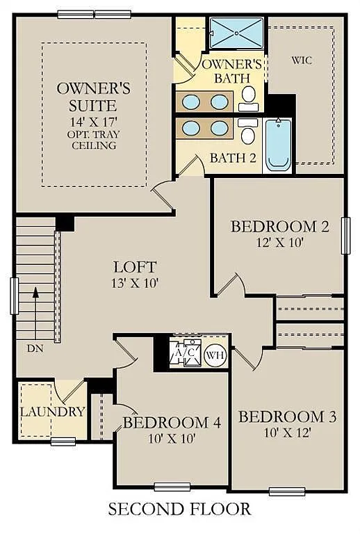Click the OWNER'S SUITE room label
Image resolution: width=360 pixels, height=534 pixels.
(94, 97)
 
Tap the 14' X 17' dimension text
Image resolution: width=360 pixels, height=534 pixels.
(93, 121)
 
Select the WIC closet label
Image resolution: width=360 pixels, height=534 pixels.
(302, 60)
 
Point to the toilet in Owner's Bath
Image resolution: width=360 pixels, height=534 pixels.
(248, 98)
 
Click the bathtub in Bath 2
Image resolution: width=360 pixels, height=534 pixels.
(279, 144)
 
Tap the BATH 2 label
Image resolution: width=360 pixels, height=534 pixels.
(233, 158)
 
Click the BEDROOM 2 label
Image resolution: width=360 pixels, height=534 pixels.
(279, 227)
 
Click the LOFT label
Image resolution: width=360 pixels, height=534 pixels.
(135, 267)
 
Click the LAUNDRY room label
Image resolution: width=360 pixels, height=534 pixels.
(52, 412)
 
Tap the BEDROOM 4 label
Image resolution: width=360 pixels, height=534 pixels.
(172, 422)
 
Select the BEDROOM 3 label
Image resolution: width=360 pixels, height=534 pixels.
(288, 416)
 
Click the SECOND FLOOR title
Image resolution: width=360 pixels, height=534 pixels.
(179, 510)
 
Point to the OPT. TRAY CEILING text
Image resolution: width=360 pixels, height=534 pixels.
(93, 139)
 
